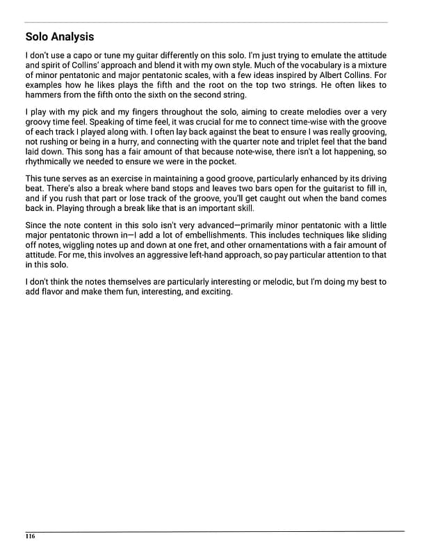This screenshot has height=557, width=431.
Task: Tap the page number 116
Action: tap(30, 537)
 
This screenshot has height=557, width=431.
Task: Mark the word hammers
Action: tap(44, 95)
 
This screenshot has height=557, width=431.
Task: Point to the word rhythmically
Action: tap(51, 162)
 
